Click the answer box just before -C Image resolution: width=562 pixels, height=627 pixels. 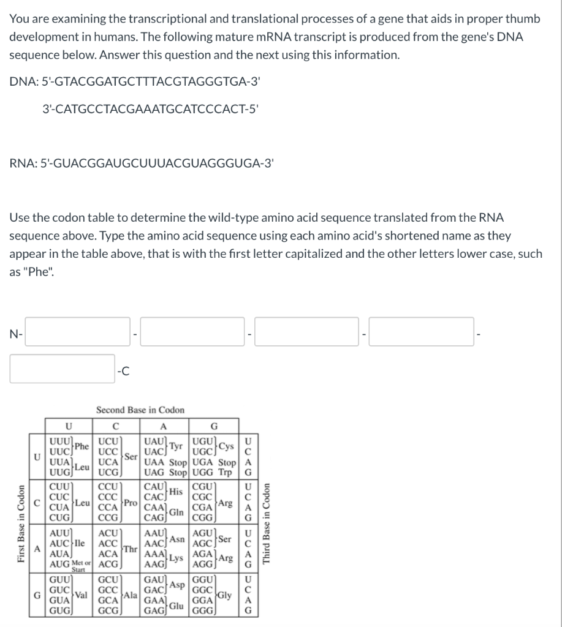point(62,369)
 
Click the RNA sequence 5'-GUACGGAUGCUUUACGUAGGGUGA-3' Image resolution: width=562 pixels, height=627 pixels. point(142,163)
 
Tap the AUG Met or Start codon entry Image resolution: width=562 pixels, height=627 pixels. point(67,562)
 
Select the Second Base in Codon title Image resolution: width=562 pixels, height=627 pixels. point(140,410)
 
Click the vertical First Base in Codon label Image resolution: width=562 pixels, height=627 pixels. point(23,524)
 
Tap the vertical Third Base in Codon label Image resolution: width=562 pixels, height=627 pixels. point(266,524)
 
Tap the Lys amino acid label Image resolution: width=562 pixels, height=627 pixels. point(177,558)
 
